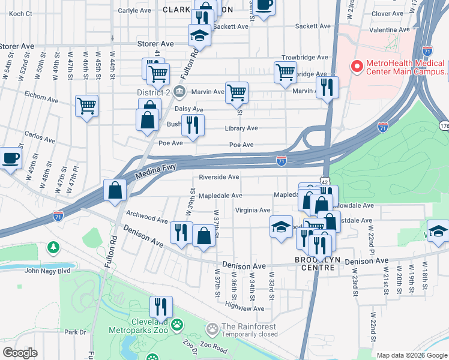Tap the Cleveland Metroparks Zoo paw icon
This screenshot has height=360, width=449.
[176, 325]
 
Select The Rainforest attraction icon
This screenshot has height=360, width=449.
[212, 329]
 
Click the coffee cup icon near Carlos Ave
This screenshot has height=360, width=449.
[10, 159]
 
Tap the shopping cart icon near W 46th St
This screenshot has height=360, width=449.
[87, 106]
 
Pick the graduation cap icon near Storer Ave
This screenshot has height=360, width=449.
[199, 36]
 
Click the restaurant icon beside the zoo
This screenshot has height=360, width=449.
[160, 306]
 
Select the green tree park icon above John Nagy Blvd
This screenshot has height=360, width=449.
[53, 247]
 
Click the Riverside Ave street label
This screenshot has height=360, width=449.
[219, 177]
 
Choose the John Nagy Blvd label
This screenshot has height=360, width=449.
[47, 271]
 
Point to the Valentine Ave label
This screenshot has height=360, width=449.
[391, 29]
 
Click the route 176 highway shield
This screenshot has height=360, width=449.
[444, 126]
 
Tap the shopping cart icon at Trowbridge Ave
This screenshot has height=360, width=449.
[285, 72]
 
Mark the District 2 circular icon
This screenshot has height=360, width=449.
[179, 92]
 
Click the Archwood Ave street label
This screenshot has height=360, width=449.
[147, 220]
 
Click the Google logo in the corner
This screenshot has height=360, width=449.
[20, 353]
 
